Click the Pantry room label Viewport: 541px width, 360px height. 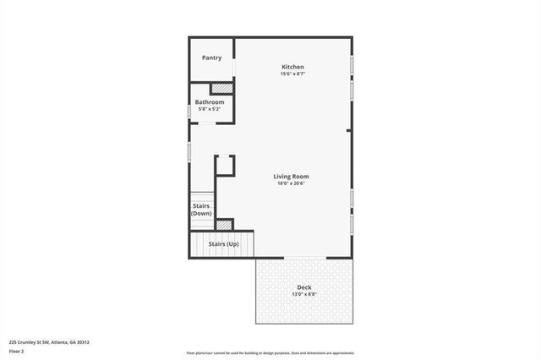(x=211, y=57)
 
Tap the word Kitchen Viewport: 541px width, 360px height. (x=292, y=67)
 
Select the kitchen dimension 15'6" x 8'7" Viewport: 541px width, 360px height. (x=292, y=74)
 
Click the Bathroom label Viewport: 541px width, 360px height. (x=210, y=102)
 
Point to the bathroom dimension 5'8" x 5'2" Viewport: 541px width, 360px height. (x=210, y=109)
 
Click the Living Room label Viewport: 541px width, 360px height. (x=290, y=176)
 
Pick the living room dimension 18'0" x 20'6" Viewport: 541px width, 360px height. (x=290, y=183)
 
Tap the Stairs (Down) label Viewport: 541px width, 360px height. (x=201, y=209)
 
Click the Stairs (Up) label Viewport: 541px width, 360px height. (x=223, y=243)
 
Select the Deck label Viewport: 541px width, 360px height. (x=303, y=287)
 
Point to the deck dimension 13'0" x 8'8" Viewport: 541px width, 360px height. (x=303, y=294)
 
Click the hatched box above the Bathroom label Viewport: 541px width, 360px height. (x=221, y=88)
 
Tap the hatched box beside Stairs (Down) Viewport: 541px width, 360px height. (x=224, y=224)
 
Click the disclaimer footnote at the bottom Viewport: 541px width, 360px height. (x=270, y=353)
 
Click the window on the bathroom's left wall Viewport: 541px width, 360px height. (x=189, y=111)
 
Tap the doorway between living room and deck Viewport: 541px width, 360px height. (x=304, y=257)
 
